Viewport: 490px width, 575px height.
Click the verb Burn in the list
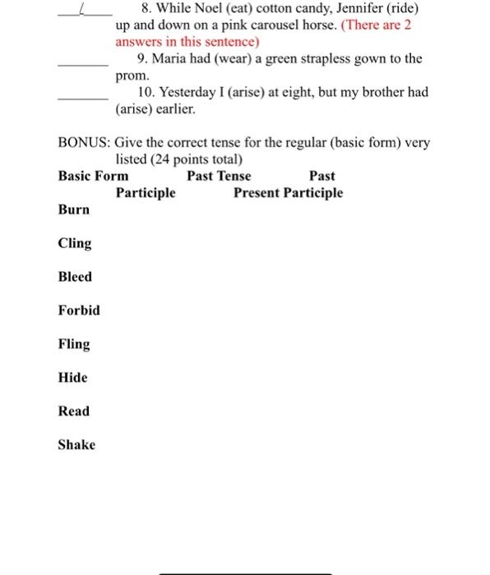click(x=74, y=209)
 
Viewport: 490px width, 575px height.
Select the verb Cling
click(x=75, y=243)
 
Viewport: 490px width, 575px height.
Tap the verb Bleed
click(x=75, y=277)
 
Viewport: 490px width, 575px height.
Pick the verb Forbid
click(x=79, y=310)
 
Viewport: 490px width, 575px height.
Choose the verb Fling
click(x=74, y=344)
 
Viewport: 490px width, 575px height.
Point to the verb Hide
click(x=72, y=378)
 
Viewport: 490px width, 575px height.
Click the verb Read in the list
click(x=74, y=412)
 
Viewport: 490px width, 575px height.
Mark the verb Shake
click(x=76, y=445)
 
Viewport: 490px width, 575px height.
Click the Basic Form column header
click(x=93, y=176)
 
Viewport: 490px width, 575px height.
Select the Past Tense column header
click(x=219, y=176)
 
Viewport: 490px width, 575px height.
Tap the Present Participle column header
click(x=288, y=193)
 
